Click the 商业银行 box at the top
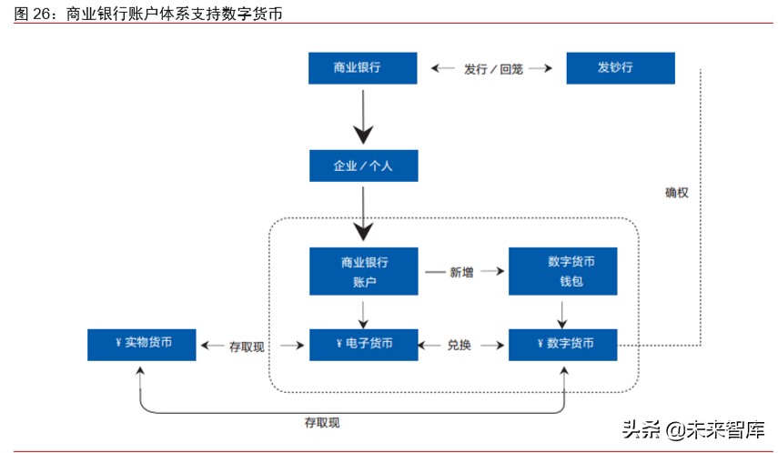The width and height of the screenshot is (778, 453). [363, 68]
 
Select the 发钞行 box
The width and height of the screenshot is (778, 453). [621, 68]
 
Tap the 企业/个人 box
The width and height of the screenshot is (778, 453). [363, 166]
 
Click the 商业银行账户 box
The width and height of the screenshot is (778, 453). [363, 271]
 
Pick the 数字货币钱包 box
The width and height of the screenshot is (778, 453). [563, 271]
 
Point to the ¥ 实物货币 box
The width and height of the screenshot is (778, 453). [141, 344]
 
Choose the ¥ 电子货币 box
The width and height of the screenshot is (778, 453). [363, 344]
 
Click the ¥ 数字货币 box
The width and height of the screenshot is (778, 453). [563, 344]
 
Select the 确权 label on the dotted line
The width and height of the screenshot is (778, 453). [677, 193]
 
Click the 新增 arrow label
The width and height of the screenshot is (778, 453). [462, 272]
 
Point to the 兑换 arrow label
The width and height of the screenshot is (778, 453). [461, 346]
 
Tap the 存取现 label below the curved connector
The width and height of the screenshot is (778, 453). [321, 423]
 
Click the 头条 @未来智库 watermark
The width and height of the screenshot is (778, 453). [692, 428]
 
